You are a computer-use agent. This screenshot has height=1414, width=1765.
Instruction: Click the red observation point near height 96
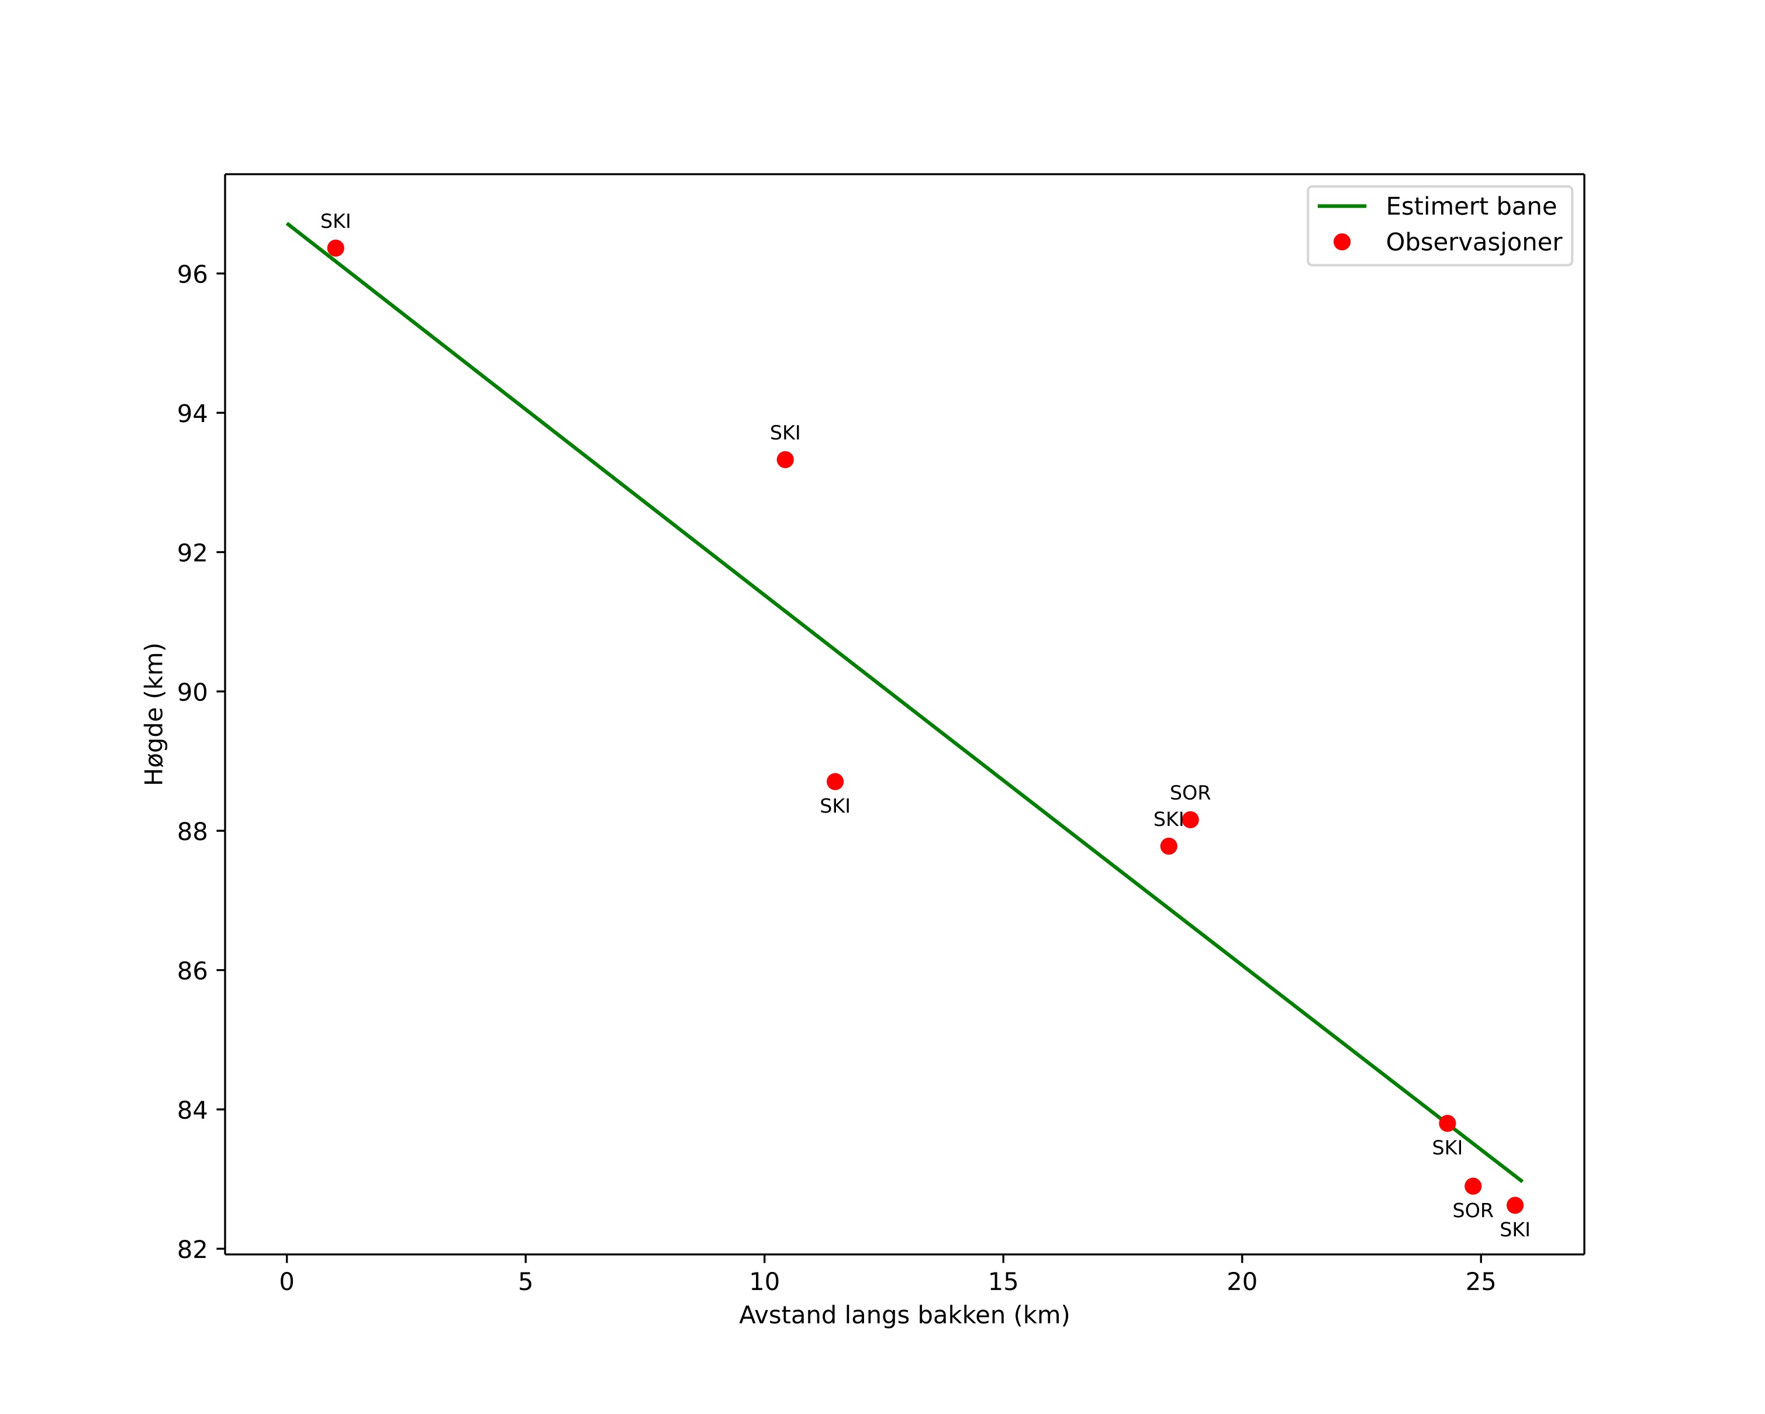(x=336, y=248)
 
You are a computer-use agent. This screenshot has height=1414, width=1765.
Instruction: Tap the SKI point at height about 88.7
(x=835, y=782)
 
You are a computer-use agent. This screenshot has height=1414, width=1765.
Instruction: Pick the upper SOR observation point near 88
(x=1190, y=820)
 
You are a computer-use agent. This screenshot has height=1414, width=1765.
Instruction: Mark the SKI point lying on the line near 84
(x=1448, y=1123)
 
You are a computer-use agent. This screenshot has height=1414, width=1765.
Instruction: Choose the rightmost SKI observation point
(x=1515, y=1205)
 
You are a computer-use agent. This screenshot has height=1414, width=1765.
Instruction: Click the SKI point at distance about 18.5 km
(x=1169, y=846)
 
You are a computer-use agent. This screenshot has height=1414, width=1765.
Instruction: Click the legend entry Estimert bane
(x=1470, y=206)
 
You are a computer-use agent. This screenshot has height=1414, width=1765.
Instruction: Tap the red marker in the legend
(x=1342, y=242)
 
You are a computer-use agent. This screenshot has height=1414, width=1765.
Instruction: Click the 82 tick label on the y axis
(x=192, y=1250)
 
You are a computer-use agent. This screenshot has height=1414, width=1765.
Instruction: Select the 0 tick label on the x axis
(x=286, y=1282)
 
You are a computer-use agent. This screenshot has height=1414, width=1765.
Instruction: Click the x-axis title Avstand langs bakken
(x=904, y=1316)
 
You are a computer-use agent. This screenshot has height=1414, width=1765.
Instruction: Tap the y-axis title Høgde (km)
(x=155, y=714)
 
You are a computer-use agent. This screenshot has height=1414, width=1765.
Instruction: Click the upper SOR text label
(x=1190, y=793)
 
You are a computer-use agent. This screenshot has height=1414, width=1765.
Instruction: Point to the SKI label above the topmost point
(x=336, y=222)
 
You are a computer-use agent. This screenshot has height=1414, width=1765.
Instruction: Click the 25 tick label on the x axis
(x=1480, y=1282)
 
